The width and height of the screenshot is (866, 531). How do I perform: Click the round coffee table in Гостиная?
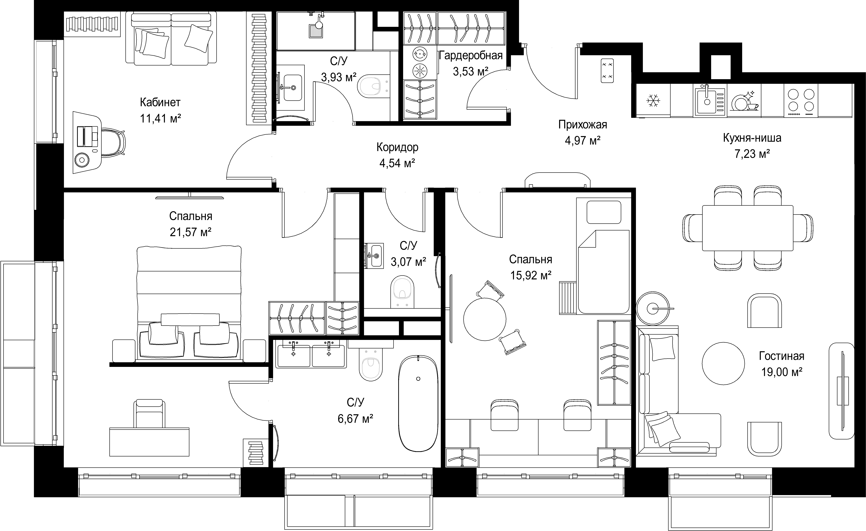723,363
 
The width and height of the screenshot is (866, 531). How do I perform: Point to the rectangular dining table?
748,228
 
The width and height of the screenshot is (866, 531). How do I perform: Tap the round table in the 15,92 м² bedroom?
485,319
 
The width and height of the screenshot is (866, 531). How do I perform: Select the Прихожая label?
583,125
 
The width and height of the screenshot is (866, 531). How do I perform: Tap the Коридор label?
397,147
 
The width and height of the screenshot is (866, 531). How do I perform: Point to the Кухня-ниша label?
752,138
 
